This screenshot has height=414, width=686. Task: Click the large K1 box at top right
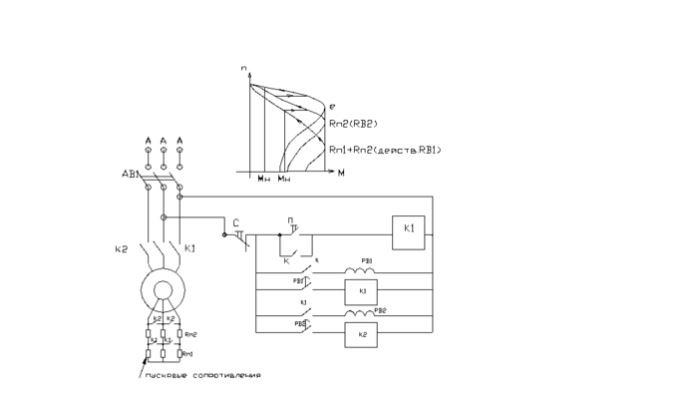(409, 229)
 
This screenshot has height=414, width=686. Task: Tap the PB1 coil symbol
(357, 271)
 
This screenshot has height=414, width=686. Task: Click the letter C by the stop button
(235, 222)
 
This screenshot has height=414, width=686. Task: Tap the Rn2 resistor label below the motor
(191, 334)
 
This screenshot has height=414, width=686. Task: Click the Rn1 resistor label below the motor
(190, 354)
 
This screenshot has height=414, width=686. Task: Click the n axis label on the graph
(243, 67)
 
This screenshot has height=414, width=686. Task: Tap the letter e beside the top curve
(333, 105)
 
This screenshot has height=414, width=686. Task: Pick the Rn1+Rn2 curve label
(384, 149)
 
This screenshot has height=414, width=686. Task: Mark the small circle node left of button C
(224, 234)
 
